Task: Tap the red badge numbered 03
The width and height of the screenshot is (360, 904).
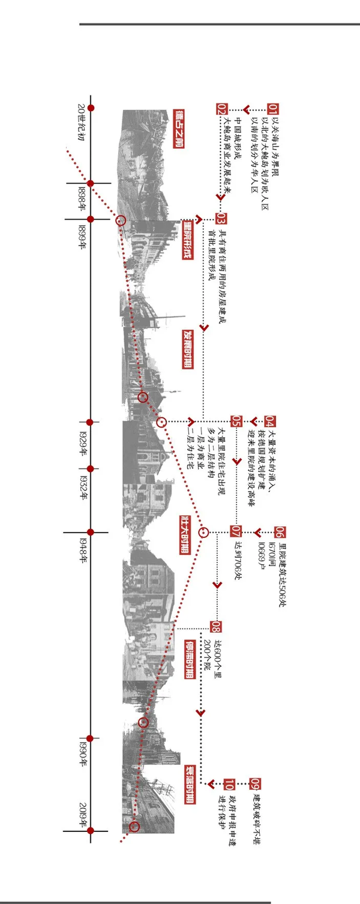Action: tap(221, 218)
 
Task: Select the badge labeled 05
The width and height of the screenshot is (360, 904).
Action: tap(237, 421)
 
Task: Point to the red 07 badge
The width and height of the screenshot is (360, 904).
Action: tap(236, 531)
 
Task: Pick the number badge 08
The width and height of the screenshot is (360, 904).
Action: tap(215, 627)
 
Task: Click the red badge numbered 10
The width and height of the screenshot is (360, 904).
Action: tap(229, 783)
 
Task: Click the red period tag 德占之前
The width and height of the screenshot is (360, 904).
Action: tap(178, 128)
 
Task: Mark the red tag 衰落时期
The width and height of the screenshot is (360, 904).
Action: tap(189, 783)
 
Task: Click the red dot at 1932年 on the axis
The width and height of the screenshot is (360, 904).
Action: tap(91, 468)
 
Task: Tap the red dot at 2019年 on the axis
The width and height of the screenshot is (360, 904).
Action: tap(91, 830)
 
